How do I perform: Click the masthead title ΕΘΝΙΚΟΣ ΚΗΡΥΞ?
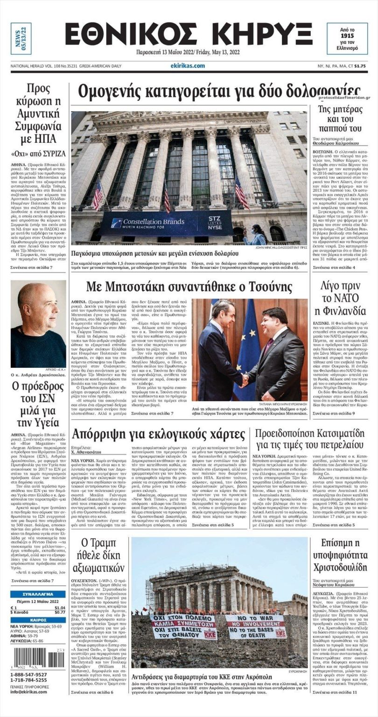coord(189,35)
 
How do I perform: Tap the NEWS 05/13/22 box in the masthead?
coord(21,39)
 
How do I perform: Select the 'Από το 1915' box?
coord(347,38)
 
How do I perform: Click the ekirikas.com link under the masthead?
coord(188,66)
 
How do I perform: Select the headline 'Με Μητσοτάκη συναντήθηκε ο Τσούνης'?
coord(189,286)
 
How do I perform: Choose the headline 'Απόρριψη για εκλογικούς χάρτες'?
coord(158,434)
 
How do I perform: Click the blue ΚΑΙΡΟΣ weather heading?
coord(38,620)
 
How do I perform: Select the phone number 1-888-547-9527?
coord(29,675)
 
